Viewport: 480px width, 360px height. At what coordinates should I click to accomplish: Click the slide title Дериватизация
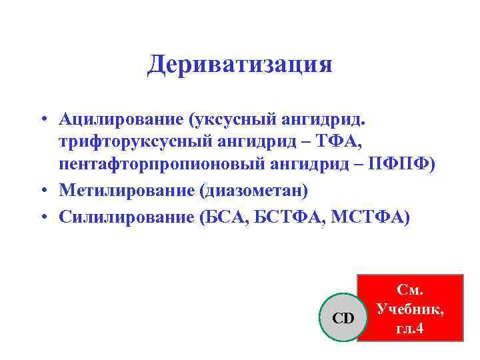[x=239, y=65]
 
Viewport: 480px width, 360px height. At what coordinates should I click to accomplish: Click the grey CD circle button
[x=343, y=318]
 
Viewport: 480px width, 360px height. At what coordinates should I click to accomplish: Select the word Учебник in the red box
[x=409, y=309]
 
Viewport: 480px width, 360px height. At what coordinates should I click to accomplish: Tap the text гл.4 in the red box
[x=409, y=329]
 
